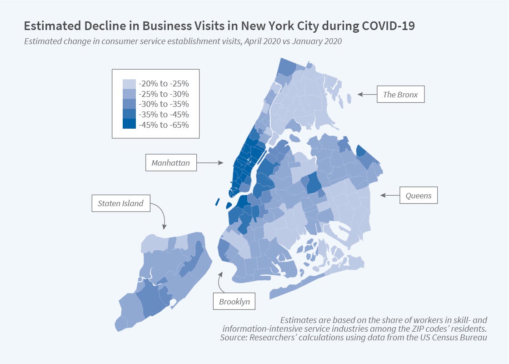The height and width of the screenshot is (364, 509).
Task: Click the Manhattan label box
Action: pos(171,163)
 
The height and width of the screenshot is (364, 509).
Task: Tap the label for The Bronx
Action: pos(400,95)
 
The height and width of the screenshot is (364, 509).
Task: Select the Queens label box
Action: pos(419,196)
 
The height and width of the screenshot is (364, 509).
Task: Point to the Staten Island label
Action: pos(120,203)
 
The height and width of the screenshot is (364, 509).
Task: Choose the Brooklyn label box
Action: pos(235,301)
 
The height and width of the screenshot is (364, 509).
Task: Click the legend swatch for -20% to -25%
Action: pos(129,84)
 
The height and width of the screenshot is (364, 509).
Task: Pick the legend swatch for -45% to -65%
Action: pos(129,124)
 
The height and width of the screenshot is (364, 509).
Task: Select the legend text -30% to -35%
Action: pos(164,104)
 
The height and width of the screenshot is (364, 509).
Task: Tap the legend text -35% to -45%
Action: pos(164,114)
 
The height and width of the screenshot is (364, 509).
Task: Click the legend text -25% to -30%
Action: pos(164,94)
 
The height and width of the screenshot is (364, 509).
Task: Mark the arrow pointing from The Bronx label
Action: pos(366,95)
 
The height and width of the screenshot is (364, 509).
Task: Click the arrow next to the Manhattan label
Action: pos(211,162)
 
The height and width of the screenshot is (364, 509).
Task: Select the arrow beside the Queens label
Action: pos(389,195)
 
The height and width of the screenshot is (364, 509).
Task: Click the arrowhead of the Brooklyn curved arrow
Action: pos(221,274)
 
